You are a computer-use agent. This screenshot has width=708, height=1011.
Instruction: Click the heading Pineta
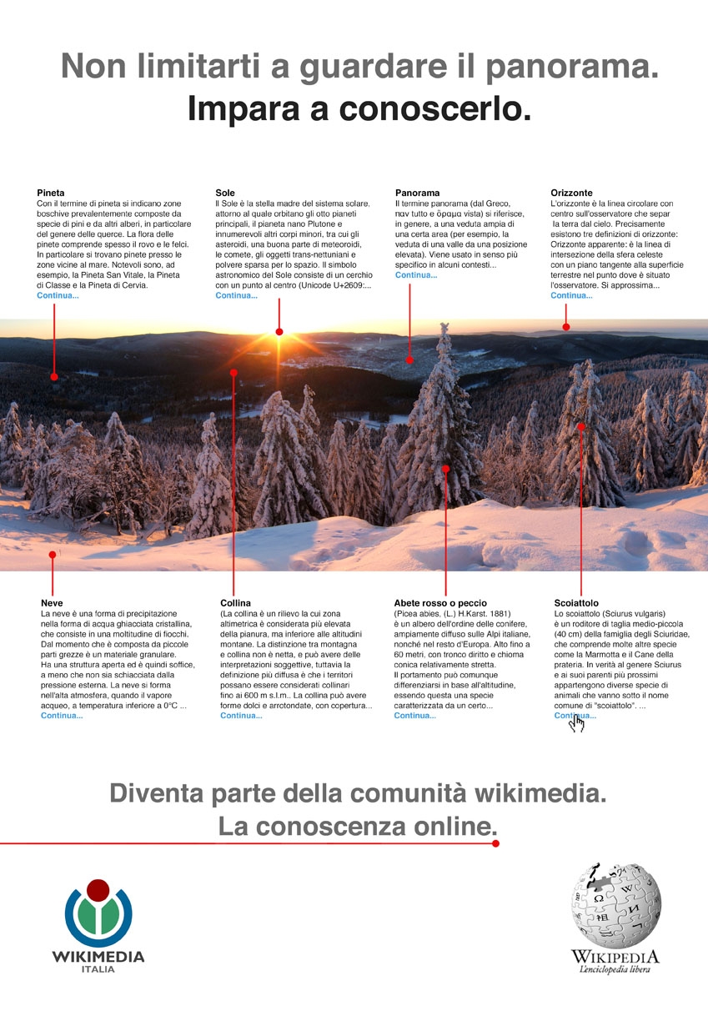click(x=51, y=194)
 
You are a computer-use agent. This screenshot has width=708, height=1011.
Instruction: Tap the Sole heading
click(x=225, y=194)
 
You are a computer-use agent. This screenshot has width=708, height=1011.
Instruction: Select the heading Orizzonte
click(x=572, y=194)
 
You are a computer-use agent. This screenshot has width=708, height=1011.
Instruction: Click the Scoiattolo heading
click(x=576, y=602)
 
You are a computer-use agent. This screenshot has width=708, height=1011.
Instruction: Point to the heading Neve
click(x=52, y=602)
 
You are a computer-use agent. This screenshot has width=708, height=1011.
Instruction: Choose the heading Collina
click(x=236, y=602)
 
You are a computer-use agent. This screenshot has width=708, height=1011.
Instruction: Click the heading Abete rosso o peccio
click(x=440, y=602)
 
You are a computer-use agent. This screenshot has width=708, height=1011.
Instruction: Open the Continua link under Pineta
click(x=58, y=295)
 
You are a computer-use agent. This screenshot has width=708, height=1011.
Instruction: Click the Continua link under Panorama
click(x=416, y=275)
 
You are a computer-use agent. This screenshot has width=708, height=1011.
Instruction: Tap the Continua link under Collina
click(x=241, y=716)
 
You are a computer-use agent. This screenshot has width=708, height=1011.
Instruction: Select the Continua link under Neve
click(x=62, y=716)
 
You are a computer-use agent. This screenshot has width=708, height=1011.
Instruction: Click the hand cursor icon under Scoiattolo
click(x=576, y=723)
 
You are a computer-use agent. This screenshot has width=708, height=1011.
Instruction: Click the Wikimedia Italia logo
click(x=98, y=926)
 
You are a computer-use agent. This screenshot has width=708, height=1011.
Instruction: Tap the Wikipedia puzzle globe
click(x=615, y=904)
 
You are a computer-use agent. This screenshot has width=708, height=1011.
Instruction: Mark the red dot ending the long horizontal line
click(x=495, y=843)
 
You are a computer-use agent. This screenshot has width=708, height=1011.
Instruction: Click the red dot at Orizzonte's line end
click(x=565, y=327)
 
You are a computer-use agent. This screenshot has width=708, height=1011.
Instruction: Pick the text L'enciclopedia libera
click(x=615, y=969)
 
